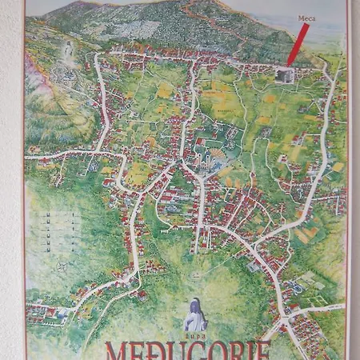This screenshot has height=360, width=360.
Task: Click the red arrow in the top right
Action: [x=298, y=45]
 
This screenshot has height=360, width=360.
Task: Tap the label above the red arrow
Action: [x=305, y=17]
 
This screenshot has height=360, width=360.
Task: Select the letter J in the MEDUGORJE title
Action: [x=247, y=352]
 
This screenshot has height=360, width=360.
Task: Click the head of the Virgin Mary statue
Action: [x=194, y=302]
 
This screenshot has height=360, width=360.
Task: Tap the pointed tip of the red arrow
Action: [x=289, y=64]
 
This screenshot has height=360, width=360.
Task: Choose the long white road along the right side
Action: [x=323, y=144]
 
